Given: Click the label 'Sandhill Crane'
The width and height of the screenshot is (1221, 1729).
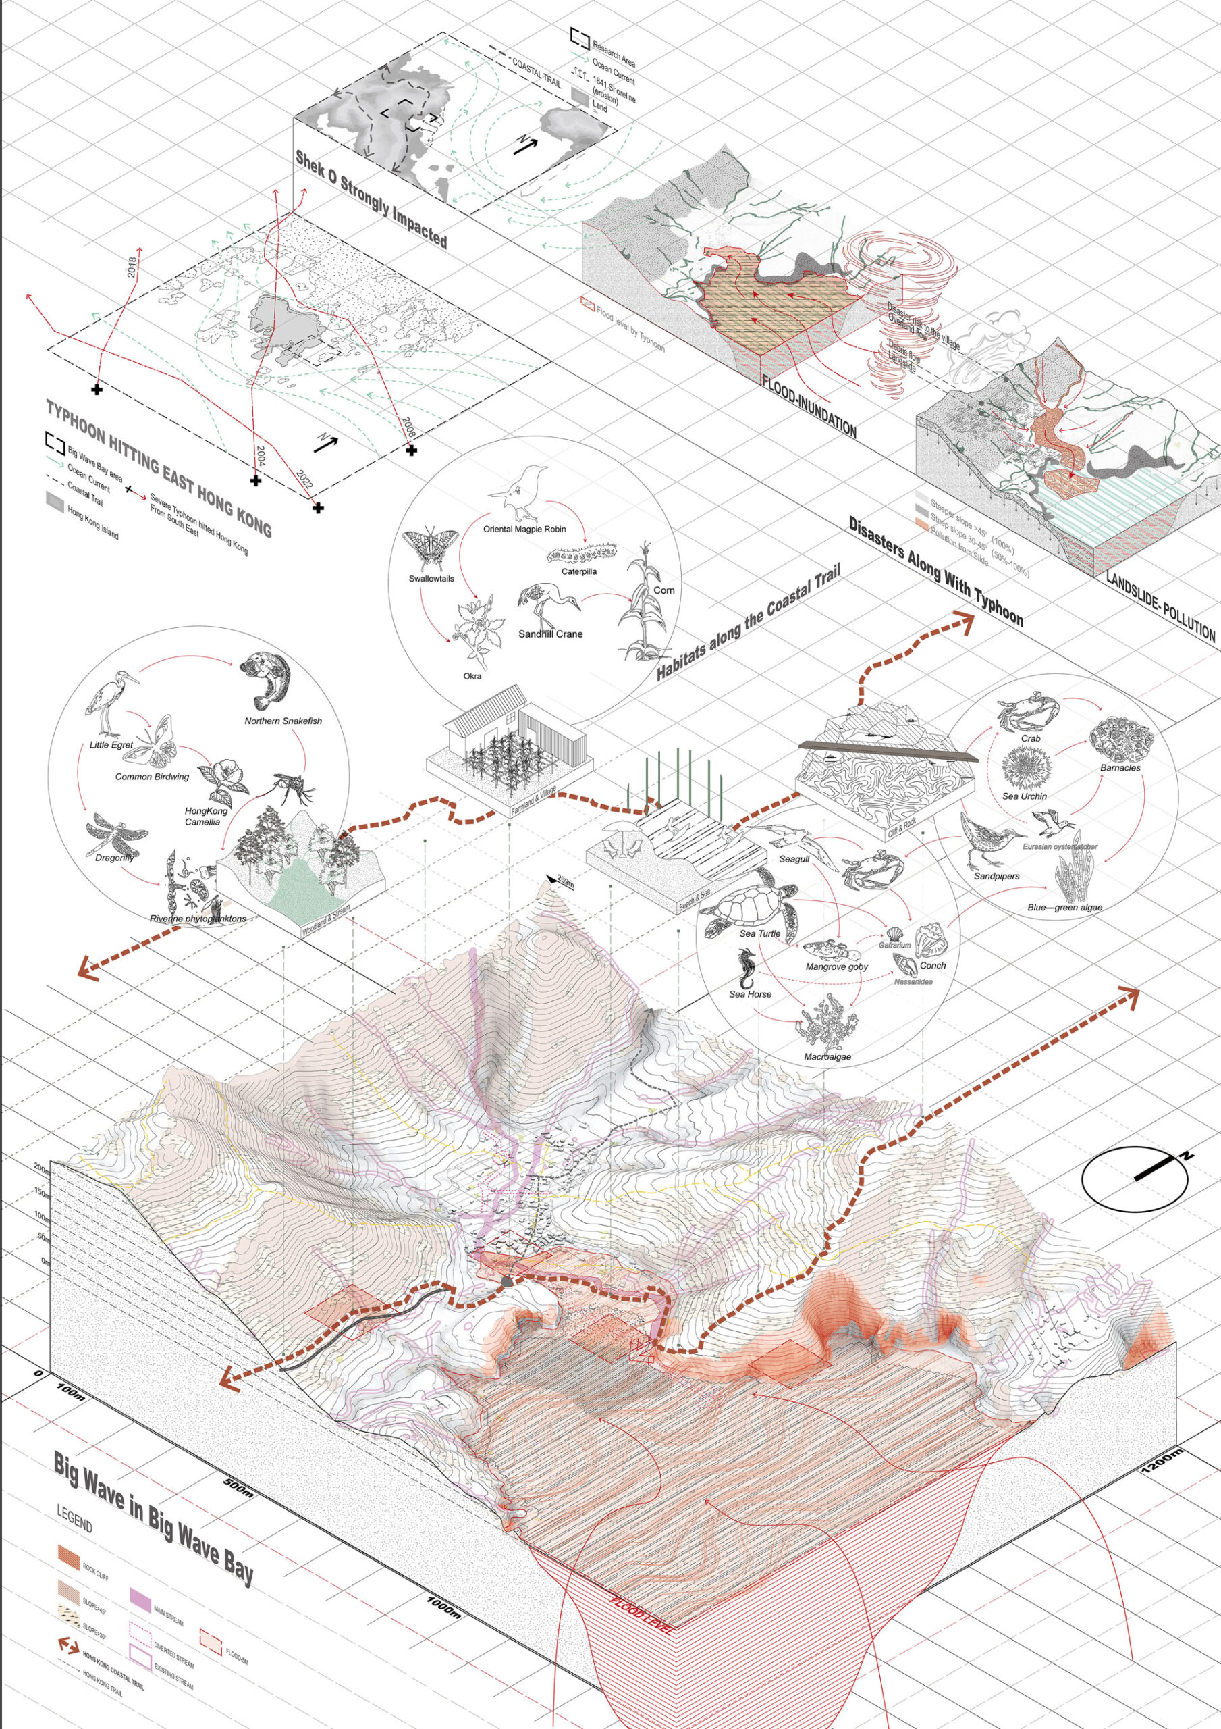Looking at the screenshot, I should click(550, 634).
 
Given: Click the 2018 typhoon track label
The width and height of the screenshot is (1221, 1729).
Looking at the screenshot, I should click(132, 267).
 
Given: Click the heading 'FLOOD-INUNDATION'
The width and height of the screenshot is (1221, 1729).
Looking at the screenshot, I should click(809, 406).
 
